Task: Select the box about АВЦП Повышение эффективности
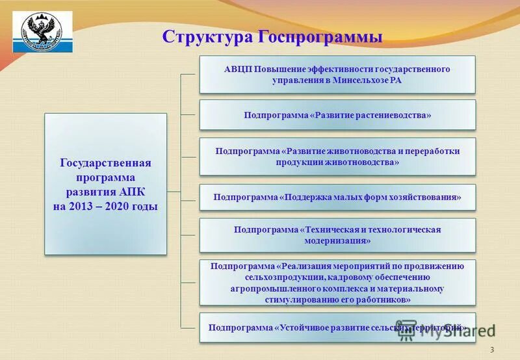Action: tap(337, 74)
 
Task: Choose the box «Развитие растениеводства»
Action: tap(337, 115)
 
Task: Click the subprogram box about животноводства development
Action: tap(337, 156)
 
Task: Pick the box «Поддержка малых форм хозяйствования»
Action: tap(337, 197)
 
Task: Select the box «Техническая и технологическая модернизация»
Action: tap(337, 235)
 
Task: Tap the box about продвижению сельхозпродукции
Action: tap(337, 283)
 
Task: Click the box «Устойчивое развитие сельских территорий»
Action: tap(337, 328)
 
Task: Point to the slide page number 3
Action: tap(492, 350)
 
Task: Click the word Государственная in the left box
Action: tap(105, 162)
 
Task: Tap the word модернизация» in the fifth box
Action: tap(337, 240)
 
